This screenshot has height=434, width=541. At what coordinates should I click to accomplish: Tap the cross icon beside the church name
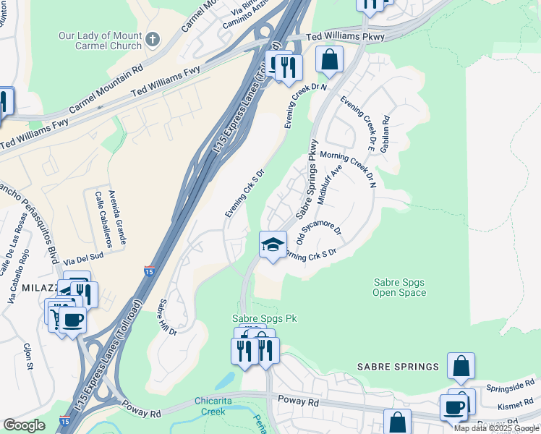tap(152, 38)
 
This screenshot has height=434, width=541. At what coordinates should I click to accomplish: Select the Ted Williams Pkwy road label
tap(346, 35)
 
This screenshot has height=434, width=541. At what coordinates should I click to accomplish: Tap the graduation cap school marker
tap(273, 245)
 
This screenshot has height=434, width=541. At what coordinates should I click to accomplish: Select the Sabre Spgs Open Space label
tap(399, 287)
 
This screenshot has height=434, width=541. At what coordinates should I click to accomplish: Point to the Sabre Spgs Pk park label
tap(264, 318)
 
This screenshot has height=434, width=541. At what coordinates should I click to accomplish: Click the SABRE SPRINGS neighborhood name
tap(398, 367)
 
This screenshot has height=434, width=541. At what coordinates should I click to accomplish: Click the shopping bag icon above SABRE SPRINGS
tap(461, 367)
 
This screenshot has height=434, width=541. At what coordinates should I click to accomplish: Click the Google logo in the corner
tap(24, 425)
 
